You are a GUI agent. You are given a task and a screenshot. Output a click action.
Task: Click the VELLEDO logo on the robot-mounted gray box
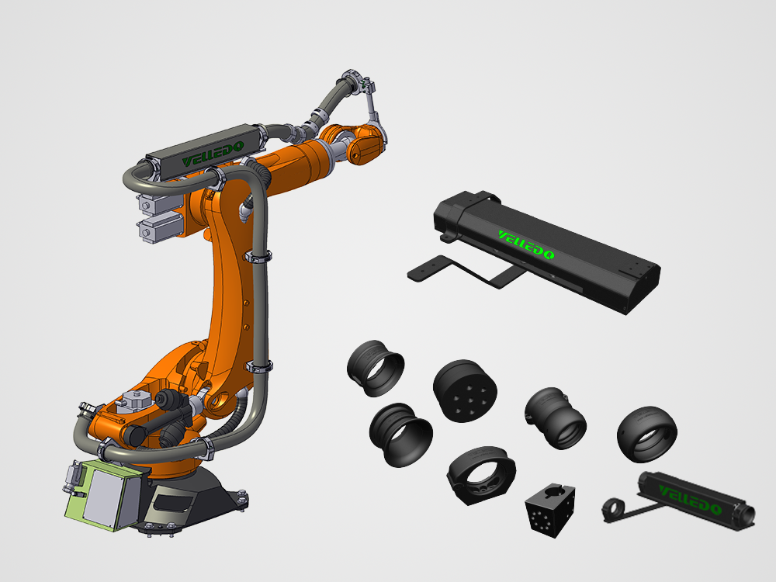pos(213,154)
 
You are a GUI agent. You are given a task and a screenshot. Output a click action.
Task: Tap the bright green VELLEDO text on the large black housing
pos(525,245)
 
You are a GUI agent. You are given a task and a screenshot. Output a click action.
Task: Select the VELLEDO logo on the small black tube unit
pos(691,499)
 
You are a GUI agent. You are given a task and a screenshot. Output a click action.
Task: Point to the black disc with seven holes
pos(465,391)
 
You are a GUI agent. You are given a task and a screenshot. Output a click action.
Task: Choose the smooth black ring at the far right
pos(647,435)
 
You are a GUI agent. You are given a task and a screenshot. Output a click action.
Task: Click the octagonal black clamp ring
pos(481,476)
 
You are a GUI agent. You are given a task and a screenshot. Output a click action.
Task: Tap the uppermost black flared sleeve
pos(376,368)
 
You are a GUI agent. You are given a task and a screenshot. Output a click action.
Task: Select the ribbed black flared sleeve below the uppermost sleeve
pos(401,435)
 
